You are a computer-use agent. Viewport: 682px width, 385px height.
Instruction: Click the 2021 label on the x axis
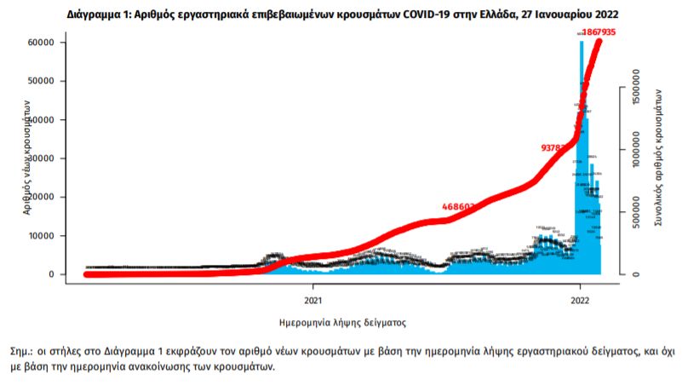(313, 300)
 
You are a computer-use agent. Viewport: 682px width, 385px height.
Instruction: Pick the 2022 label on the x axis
(580, 300)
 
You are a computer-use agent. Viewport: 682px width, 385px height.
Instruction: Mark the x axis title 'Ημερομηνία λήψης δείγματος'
(342, 324)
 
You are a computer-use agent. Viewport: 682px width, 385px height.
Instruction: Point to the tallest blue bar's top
(582, 42)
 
